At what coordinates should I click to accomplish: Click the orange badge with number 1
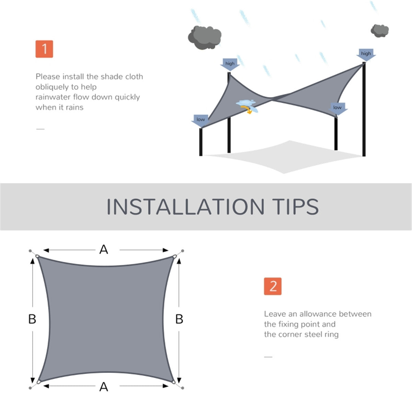pyautogui.click(x=44, y=49)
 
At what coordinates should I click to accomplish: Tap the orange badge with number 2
pyautogui.click(x=273, y=286)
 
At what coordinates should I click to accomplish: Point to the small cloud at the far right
pyautogui.click(x=379, y=31)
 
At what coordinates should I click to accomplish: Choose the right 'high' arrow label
pyautogui.click(x=366, y=54)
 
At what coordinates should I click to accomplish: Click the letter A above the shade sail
pyautogui.click(x=103, y=250)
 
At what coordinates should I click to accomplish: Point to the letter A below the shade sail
pyautogui.click(x=103, y=387)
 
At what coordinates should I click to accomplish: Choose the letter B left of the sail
pyautogui.click(x=32, y=319)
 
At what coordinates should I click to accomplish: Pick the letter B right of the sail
pyautogui.click(x=179, y=319)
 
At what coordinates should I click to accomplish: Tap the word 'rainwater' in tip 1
pyautogui.click(x=53, y=97)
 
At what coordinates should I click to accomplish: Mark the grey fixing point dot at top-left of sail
pyautogui.click(x=30, y=251)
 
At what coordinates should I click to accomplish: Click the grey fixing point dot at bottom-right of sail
pyautogui.click(x=182, y=388)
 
